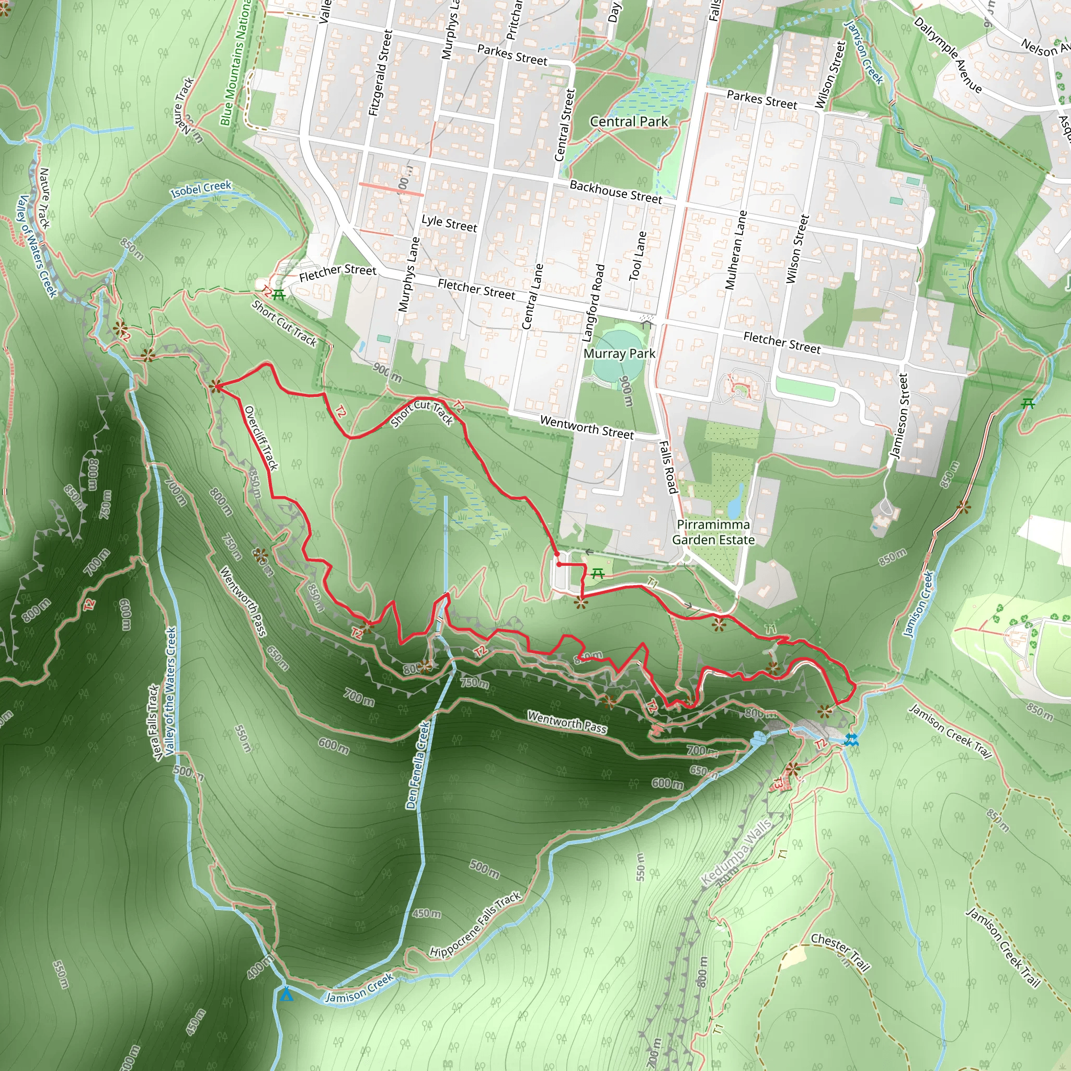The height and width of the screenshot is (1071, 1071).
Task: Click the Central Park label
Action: [629, 121]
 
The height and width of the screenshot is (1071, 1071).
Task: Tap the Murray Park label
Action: [619, 354]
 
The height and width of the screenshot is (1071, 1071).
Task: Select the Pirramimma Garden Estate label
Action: [713, 532]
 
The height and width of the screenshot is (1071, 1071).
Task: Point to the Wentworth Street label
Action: [587, 428]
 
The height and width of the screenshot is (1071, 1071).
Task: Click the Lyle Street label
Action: [449, 223]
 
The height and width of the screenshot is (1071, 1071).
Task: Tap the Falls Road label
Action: [668, 467]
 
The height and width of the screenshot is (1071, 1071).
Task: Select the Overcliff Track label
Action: [261, 438]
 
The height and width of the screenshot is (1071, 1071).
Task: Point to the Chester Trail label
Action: [840, 952]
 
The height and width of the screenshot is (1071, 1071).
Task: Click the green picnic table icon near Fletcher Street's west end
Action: [279, 295]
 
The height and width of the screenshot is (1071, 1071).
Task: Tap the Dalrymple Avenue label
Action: [948, 55]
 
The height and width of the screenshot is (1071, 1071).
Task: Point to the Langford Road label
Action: [593, 303]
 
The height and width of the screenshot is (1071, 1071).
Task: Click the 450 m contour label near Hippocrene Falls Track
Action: [427, 913]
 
